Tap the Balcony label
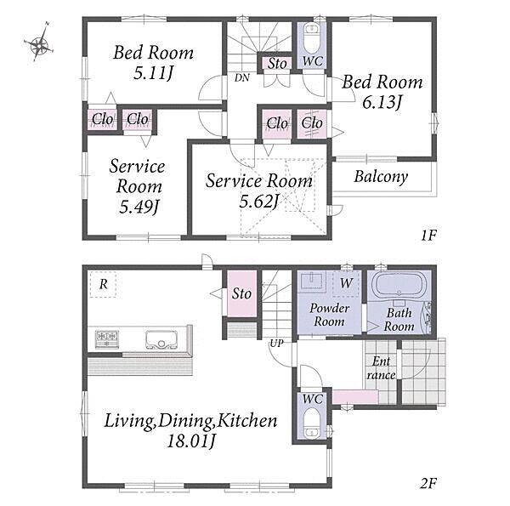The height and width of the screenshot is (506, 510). (381, 177)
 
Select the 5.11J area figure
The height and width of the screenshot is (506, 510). (153, 73)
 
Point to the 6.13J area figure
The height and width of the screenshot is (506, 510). (382, 103)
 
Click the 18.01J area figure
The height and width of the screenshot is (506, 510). (191, 441)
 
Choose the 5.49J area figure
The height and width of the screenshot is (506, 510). (139, 207)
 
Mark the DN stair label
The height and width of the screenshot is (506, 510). (242, 77)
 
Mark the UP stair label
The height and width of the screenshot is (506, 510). (276, 343)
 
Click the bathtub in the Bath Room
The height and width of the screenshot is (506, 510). (399, 285)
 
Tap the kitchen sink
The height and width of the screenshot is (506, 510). (161, 339)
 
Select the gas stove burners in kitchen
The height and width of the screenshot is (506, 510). (107, 338)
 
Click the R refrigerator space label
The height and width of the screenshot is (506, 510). (103, 284)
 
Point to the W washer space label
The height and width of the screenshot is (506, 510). (346, 283)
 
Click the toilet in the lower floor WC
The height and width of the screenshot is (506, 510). (312, 423)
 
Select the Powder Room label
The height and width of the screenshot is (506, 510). (329, 315)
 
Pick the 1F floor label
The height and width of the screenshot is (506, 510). (428, 235)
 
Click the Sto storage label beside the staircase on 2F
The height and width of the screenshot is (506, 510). (241, 293)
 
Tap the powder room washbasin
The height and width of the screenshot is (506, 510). (312, 281)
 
